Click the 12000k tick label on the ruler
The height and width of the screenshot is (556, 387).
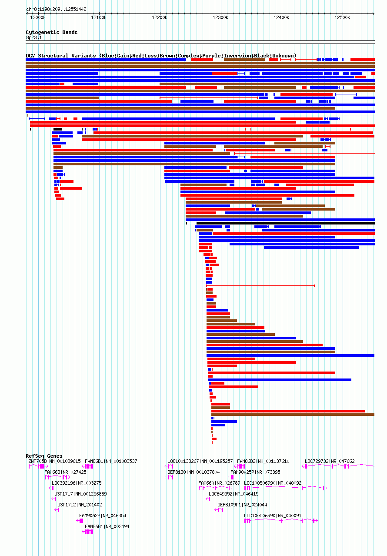coord(38,18)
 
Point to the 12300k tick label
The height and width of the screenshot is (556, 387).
coord(220,18)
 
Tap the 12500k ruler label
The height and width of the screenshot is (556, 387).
coord(342,18)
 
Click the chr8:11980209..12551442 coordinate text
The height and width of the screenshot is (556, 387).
coord(56,9)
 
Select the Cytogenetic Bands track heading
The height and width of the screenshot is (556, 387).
coord(51,32)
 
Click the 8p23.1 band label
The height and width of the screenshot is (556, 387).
coord(34,37)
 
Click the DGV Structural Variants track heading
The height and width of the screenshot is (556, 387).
coord(161,56)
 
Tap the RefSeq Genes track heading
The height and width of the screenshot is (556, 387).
coord(44,456)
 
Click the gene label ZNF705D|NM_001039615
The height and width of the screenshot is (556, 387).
coord(54,461)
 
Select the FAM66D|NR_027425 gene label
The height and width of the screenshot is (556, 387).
coord(65,472)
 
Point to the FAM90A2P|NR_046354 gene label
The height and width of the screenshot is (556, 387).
coord(103,516)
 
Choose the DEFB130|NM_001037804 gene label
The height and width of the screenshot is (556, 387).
coord(193,472)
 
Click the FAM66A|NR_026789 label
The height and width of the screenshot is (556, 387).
coord(219,483)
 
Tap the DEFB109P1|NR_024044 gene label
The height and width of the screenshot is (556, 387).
coord(242,505)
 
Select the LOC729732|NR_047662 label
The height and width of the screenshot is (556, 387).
coord(330,461)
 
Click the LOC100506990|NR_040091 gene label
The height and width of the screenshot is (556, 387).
coord(273,516)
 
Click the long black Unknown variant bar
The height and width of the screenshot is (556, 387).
coord(285,223)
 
